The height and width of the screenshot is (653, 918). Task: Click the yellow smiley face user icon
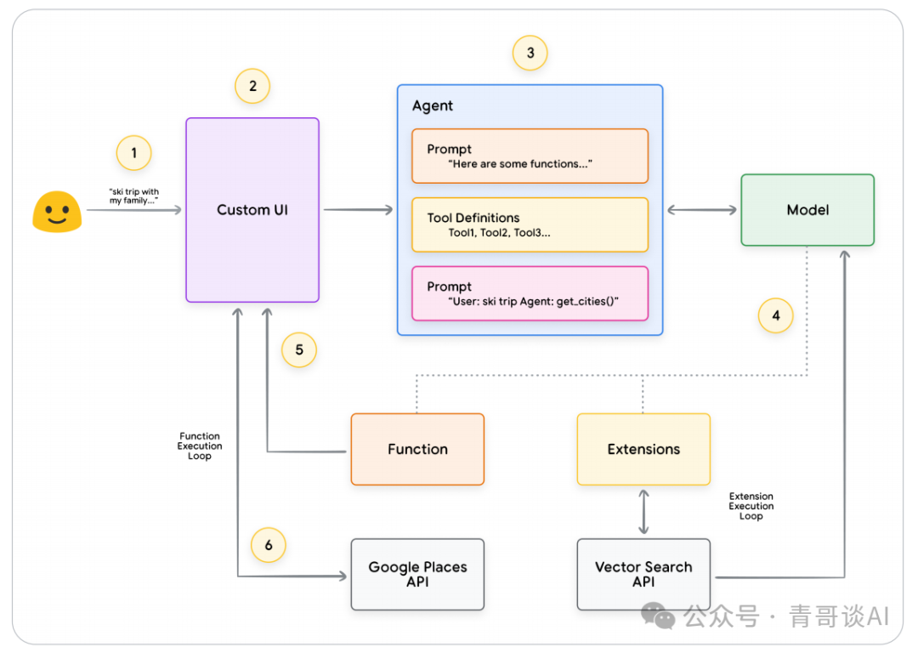point(57,212)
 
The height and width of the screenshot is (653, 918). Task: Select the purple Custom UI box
point(252,210)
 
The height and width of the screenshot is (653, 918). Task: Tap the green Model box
point(807,210)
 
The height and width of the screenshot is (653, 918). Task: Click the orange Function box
point(417,449)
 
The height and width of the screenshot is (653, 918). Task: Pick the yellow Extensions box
point(643,449)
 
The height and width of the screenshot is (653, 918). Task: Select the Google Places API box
point(417,574)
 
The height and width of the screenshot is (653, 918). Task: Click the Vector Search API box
point(643,574)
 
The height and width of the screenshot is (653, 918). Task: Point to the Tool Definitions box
point(530,224)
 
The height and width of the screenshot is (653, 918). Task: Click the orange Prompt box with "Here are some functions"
point(530,156)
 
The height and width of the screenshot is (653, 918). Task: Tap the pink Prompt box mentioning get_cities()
point(530,293)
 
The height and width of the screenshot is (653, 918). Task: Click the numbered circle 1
point(133,153)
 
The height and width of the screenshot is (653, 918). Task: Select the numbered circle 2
point(252,86)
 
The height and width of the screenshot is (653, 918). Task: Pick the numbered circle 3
point(530,54)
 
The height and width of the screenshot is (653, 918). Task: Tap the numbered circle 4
point(775,316)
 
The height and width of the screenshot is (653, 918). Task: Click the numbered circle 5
point(299,349)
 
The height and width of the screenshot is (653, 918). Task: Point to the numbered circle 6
point(269,545)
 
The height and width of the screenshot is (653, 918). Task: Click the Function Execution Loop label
point(200,446)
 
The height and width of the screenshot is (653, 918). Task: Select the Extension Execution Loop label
point(751,506)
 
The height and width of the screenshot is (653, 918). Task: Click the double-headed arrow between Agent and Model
point(701,210)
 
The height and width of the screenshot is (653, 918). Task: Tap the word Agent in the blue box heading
point(433,106)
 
